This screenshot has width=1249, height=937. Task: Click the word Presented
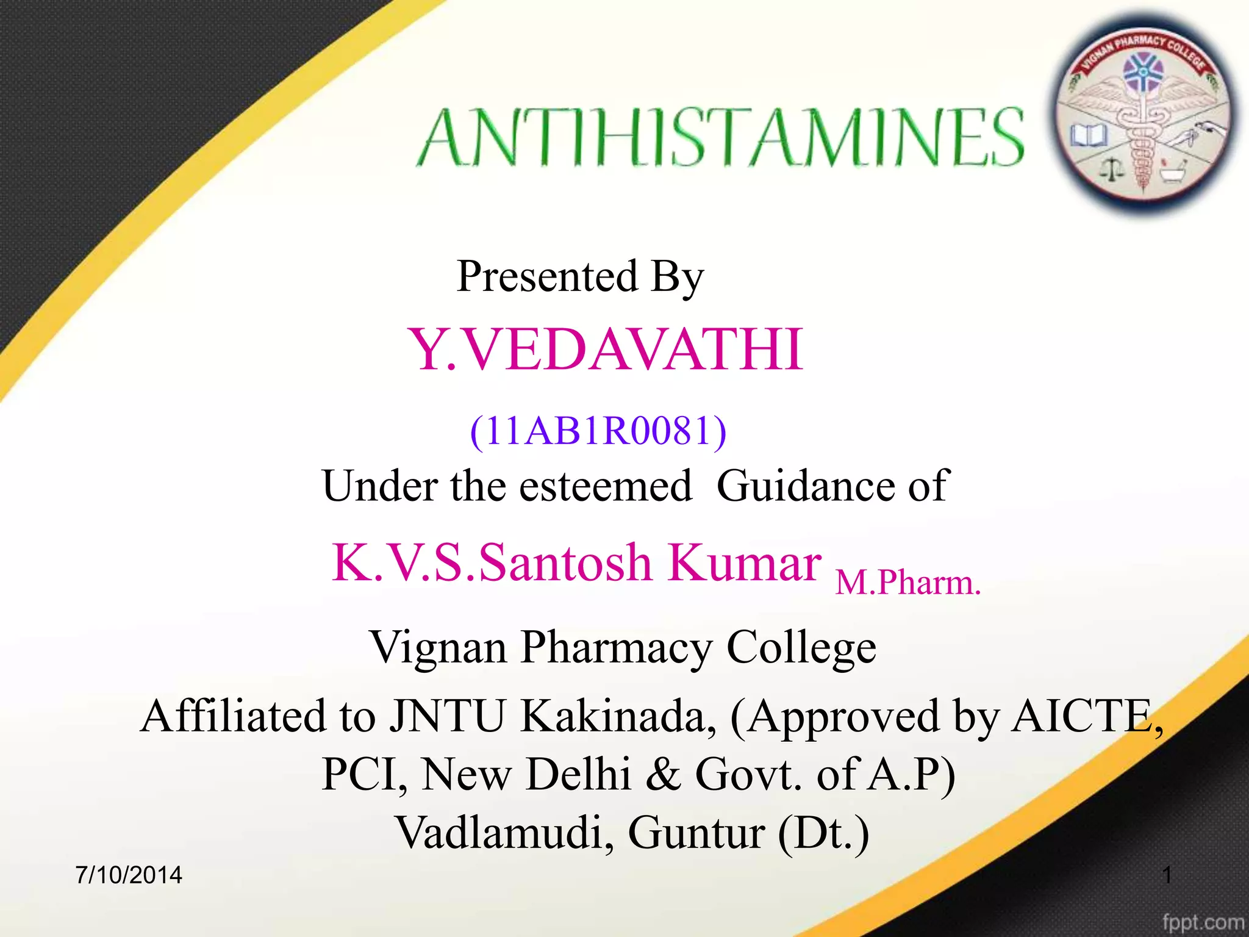click(547, 276)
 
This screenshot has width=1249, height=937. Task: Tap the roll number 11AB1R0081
click(598, 431)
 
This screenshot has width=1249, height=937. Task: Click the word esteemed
click(606, 486)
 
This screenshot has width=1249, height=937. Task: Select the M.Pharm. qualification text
click(908, 582)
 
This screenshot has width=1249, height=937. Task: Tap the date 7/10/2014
click(129, 875)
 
